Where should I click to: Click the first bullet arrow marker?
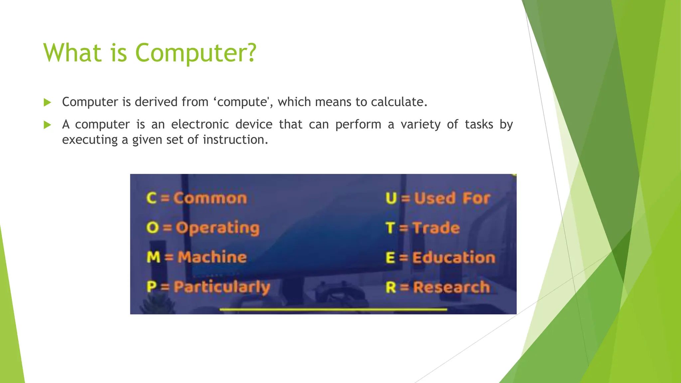click(x=47, y=102)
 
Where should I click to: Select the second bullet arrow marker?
click(x=47, y=125)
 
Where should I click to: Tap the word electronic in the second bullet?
click(x=200, y=125)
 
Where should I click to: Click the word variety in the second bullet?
click(x=420, y=125)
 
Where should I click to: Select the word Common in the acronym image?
click(x=210, y=198)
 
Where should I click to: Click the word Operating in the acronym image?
click(x=217, y=228)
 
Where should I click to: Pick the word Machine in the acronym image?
click(x=212, y=257)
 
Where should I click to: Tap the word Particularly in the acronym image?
click(x=222, y=287)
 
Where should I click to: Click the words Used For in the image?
click(x=452, y=198)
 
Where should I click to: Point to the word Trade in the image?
click(x=436, y=228)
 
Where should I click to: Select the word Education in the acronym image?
click(x=454, y=258)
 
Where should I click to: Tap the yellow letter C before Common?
click(x=151, y=198)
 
